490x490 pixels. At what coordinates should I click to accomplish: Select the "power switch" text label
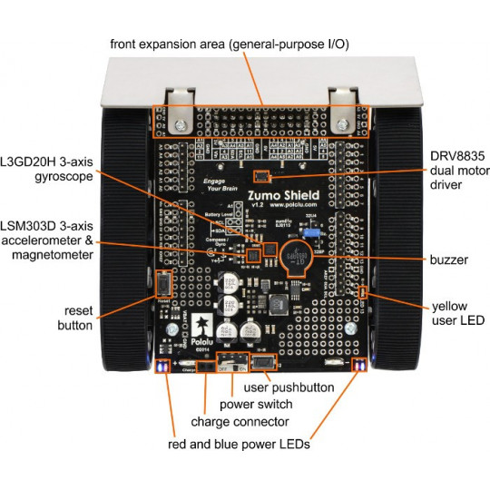point(264,405)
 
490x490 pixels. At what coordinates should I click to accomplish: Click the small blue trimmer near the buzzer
point(312,233)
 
